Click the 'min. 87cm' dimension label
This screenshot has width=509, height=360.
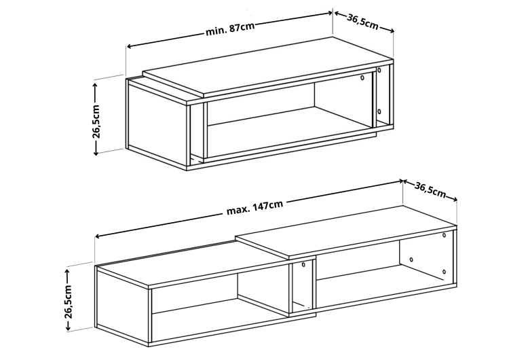230,29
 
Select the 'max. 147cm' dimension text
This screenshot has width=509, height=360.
254,207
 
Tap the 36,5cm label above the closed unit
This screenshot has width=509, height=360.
362,22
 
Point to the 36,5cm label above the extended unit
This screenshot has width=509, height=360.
430,190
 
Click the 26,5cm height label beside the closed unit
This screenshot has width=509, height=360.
97,121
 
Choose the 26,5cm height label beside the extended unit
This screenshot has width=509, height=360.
69,302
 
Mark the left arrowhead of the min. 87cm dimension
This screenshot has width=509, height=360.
129,46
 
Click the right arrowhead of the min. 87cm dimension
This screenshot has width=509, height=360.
329,13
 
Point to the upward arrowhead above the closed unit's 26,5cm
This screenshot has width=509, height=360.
95,85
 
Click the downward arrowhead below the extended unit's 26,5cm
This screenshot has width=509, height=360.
68,328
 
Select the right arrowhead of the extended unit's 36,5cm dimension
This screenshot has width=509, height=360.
455,199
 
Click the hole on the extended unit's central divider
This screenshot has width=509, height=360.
303,264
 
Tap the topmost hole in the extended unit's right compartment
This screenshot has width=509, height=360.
444,235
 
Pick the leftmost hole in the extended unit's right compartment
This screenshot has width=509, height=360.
411,259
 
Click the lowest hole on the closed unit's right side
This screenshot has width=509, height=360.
379,111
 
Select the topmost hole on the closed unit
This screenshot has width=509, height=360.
379,70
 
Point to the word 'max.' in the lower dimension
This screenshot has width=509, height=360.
238,211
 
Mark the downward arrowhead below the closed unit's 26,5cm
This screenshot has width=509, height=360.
96,152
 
